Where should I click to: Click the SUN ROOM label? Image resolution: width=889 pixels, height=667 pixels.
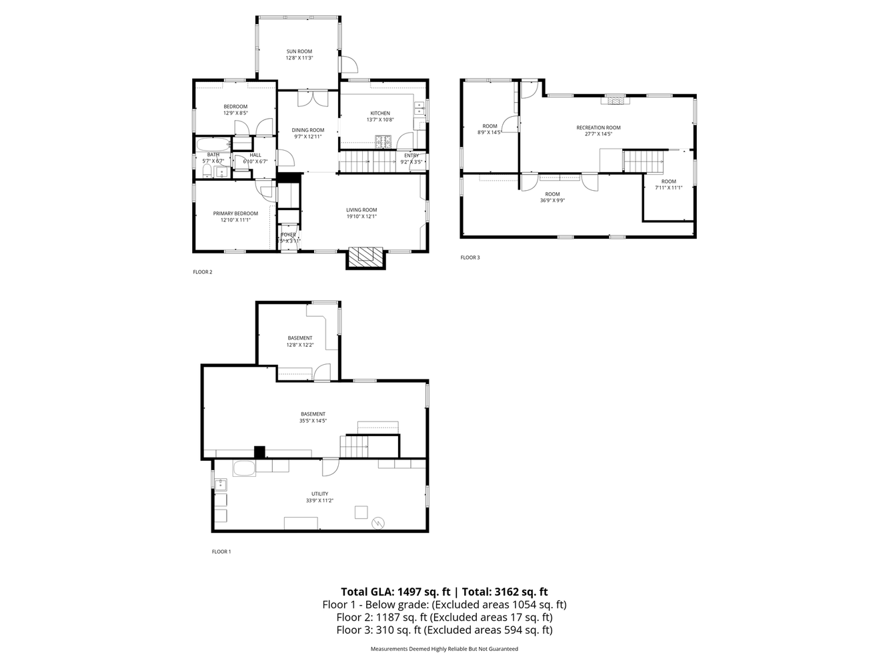pos(299,51)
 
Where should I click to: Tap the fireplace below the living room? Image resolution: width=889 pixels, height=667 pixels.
pos(366,257)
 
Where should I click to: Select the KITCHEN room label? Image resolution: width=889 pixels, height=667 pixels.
pos(380,113)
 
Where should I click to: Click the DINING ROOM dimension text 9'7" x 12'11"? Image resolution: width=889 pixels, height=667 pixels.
pos(307,137)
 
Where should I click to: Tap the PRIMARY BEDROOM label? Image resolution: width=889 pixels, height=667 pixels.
pos(235,213)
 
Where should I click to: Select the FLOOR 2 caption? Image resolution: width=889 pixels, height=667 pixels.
pos(202,271)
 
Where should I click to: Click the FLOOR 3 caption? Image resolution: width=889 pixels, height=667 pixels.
pos(470,257)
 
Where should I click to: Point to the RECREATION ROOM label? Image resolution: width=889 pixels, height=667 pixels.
pos(598,127)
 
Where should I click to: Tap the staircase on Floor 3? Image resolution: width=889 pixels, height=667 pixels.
pos(644,161)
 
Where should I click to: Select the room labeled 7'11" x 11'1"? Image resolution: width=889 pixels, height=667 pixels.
pos(668,185)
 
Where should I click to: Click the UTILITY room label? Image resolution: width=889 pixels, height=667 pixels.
pos(319,494)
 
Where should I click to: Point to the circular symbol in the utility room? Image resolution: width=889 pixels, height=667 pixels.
pos(378,523)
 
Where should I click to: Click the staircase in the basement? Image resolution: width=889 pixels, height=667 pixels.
pos(354,446)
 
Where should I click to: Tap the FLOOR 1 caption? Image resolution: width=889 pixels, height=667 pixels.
pos(221,552)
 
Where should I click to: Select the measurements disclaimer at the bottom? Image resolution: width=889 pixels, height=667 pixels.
pos(444,648)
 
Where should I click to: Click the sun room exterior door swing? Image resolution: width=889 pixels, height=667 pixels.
pos(349,64)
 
